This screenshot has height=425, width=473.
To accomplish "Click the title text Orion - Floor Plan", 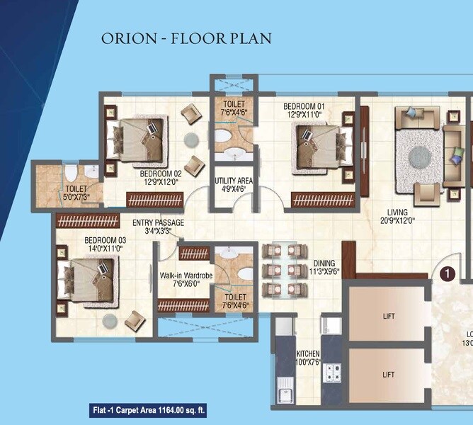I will click(186, 38).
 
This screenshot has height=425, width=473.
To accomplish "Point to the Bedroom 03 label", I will click(106, 240).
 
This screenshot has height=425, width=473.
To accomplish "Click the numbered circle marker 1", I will click(447, 271).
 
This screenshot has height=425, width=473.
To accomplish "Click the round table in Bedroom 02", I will click(193, 139).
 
